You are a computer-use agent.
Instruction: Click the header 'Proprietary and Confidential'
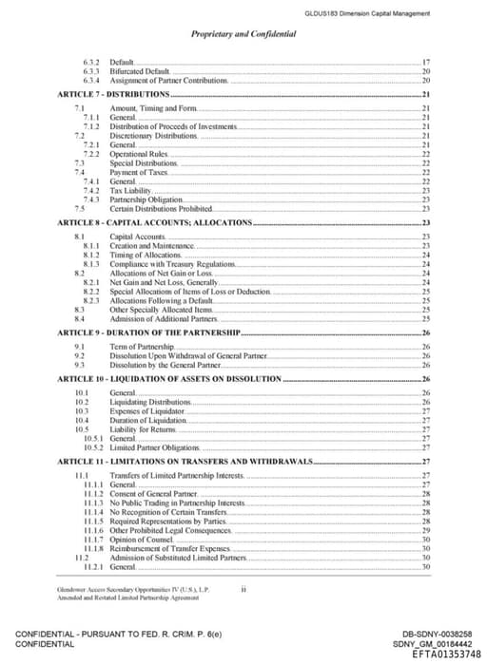(243, 34)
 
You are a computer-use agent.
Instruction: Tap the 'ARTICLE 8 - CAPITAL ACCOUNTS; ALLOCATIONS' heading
(154, 222)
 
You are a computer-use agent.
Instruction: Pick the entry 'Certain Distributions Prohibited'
(161, 209)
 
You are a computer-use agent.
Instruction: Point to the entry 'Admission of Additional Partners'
(163, 318)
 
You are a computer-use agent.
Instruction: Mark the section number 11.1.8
(93, 548)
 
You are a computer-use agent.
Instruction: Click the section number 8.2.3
(92, 300)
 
